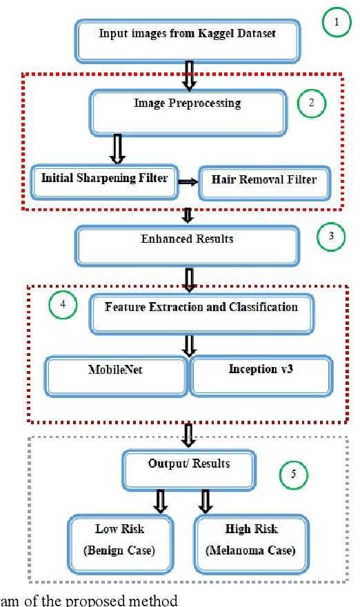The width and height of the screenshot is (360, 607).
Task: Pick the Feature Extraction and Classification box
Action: pos(201,313)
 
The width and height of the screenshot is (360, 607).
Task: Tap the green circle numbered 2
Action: pos(311,103)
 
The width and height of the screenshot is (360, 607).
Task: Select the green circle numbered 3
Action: pos(330,237)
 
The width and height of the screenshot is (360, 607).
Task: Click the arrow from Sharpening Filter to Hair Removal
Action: pos(185,182)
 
